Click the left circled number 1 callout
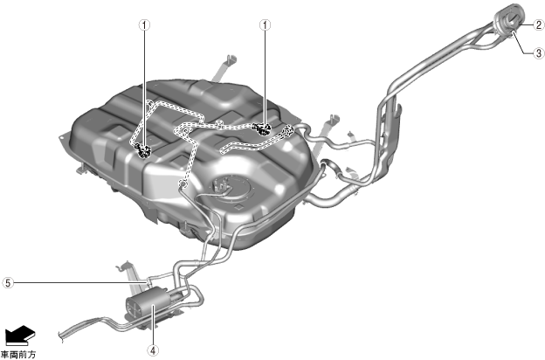[145, 25]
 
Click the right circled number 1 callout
[266, 25]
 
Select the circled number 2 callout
[539, 25]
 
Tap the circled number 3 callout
[539, 53]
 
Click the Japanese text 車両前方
[18, 355]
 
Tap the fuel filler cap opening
[509, 18]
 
